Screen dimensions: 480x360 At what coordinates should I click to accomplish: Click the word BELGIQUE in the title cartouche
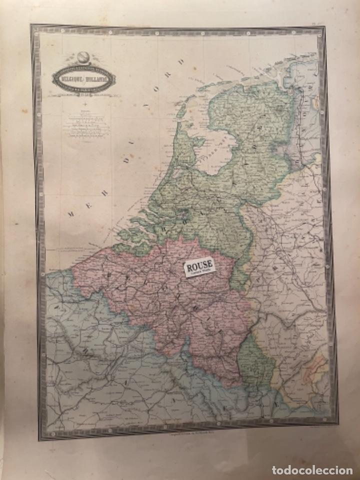pos(70,79)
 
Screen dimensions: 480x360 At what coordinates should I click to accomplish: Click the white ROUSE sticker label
pos(199,266)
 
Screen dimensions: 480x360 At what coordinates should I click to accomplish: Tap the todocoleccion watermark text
pos(313,469)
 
